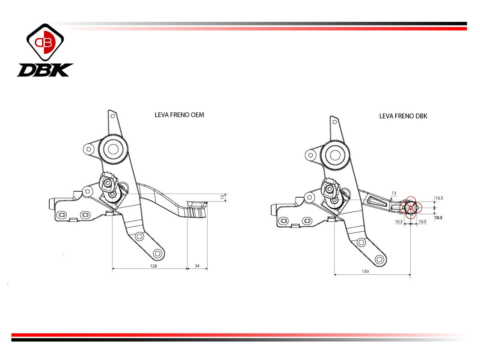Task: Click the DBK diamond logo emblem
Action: point(45,42)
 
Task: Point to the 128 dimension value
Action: point(153,266)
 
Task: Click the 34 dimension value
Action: point(197,266)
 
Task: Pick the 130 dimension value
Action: point(365,271)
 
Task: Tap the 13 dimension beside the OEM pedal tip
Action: point(223,197)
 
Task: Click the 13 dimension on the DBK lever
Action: point(394,193)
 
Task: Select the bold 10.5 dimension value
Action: point(438,218)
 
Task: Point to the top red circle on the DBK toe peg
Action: point(411,201)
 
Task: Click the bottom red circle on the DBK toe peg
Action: point(411,214)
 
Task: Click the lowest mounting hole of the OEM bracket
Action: point(157,253)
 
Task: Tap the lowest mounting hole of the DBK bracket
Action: point(380,259)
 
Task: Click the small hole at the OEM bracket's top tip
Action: point(113,116)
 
